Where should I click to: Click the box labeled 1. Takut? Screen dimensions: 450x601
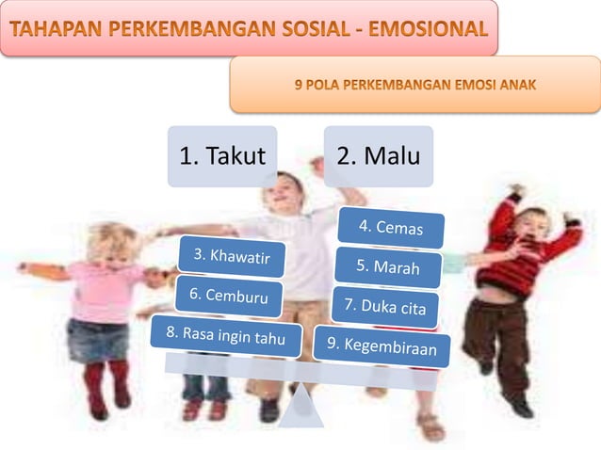[222, 156]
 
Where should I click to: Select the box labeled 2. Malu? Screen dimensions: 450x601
[378, 156]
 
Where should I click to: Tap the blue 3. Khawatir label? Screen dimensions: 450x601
[232, 255]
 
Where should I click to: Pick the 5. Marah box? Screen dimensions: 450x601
[388, 267]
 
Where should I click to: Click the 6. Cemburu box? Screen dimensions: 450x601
[228, 295]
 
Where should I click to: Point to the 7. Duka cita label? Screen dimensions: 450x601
[384, 306]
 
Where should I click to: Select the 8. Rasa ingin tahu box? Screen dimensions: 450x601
[225, 335]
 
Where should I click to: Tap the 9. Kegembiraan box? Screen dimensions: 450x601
[381, 345]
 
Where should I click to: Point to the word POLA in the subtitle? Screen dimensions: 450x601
[323, 85]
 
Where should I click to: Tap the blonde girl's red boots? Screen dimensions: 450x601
[106, 386]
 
